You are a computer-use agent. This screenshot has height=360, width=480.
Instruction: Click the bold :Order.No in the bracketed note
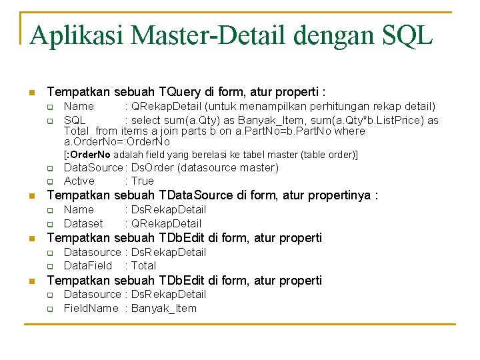click(x=88, y=155)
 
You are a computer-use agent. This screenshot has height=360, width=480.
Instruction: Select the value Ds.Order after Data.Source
click(x=151, y=167)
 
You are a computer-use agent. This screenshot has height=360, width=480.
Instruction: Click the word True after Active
click(x=142, y=181)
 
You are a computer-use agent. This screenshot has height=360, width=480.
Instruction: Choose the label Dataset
click(x=83, y=223)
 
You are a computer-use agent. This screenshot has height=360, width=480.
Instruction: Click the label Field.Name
click(x=91, y=308)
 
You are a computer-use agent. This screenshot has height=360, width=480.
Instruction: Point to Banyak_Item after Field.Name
click(x=164, y=308)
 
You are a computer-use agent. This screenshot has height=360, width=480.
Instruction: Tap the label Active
click(x=79, y=181)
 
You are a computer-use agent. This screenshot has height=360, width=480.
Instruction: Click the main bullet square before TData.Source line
click(x=31, y=196)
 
